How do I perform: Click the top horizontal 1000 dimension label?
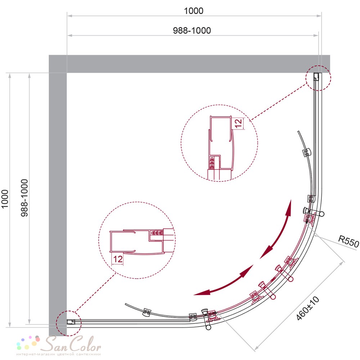(x=194, y=11)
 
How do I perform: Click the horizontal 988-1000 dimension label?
(x=192, y=31)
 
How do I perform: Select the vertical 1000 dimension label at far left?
(x=5, y=199)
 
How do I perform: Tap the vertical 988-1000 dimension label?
(x=24, y=198)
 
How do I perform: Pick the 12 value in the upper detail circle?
(x=239, y=123)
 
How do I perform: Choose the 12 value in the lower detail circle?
(x=118, y=259)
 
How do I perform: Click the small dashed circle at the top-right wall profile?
(x=318, y=78)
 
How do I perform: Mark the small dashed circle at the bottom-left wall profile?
(x=69, y=323)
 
